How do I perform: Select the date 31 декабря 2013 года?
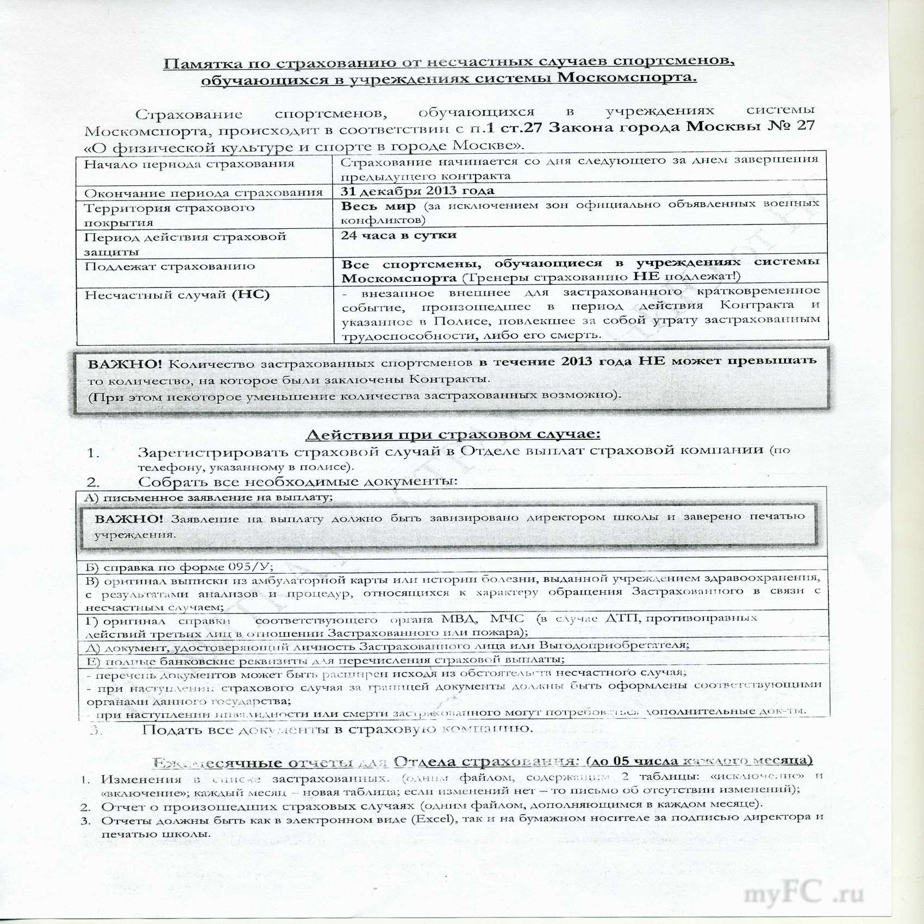417,190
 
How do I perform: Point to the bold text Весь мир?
378,206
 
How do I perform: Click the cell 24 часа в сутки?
398,235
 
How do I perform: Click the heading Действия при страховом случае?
453,434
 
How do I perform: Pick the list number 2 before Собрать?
93,482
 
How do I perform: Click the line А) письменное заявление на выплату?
209,497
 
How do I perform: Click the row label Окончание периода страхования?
203,192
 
